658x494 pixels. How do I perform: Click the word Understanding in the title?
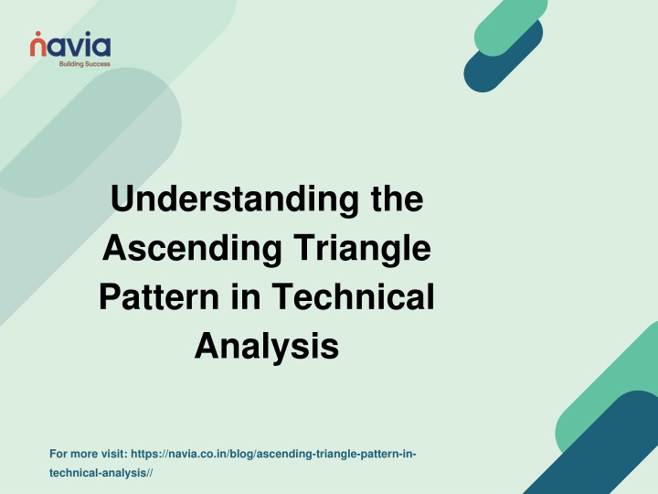pyautogui.click(x=235, y=200)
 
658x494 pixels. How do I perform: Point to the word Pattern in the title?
pyautogui.click(x=159, y=296)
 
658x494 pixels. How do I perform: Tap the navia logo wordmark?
pyautogui.click(x=70, y=44)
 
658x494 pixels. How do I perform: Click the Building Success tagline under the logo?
pyautogui.click(x=85, y=64)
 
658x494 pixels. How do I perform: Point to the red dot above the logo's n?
pyautogui.click(x=38, y=33)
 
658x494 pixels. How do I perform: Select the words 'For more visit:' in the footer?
pyautogui.click(x=89, y=454)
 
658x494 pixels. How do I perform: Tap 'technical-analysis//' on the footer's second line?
pyautogui.click(x=101, y=473)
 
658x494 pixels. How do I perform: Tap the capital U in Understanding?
pyautogui.click(x=123, y=199)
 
